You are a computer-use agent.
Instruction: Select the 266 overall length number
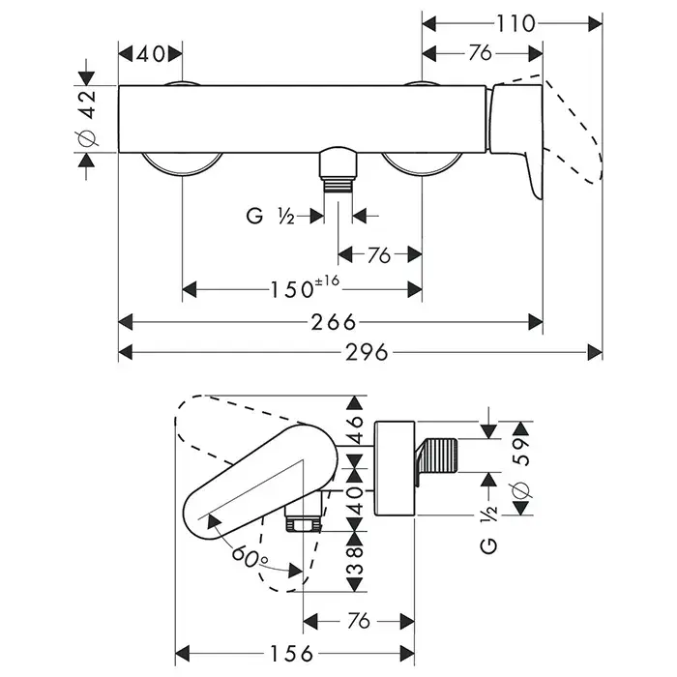click(331, 323)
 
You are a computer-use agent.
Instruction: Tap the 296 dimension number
click(367, 353)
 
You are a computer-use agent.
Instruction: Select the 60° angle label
click(250, 555)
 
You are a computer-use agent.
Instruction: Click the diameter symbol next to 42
click(86, 138)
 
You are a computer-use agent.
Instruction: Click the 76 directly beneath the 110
click(480, 53)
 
